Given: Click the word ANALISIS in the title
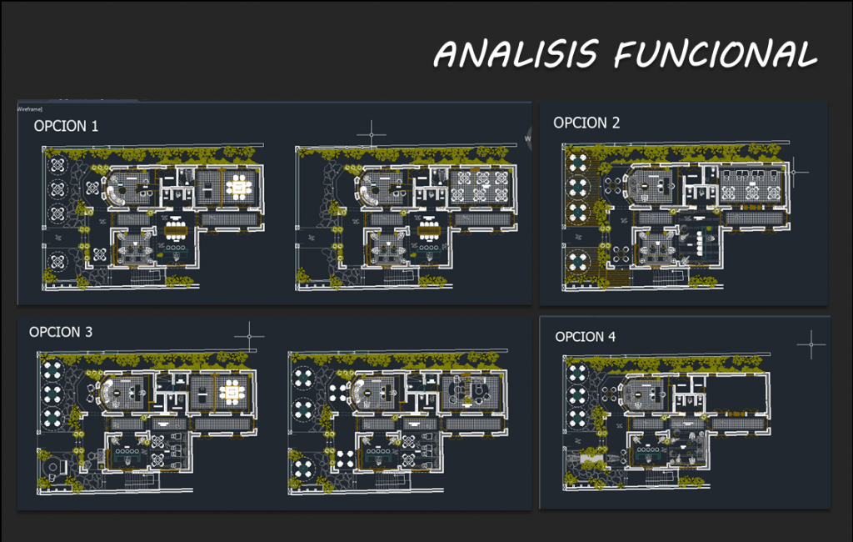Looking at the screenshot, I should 516,55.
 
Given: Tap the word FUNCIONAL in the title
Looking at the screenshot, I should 715,55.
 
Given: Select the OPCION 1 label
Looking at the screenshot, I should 66,126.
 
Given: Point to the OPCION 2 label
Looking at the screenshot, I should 586,123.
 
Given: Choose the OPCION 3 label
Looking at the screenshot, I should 61,332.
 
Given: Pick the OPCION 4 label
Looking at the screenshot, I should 586,337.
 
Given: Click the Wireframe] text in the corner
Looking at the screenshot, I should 29,108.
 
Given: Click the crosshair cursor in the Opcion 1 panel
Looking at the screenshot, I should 372,133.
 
